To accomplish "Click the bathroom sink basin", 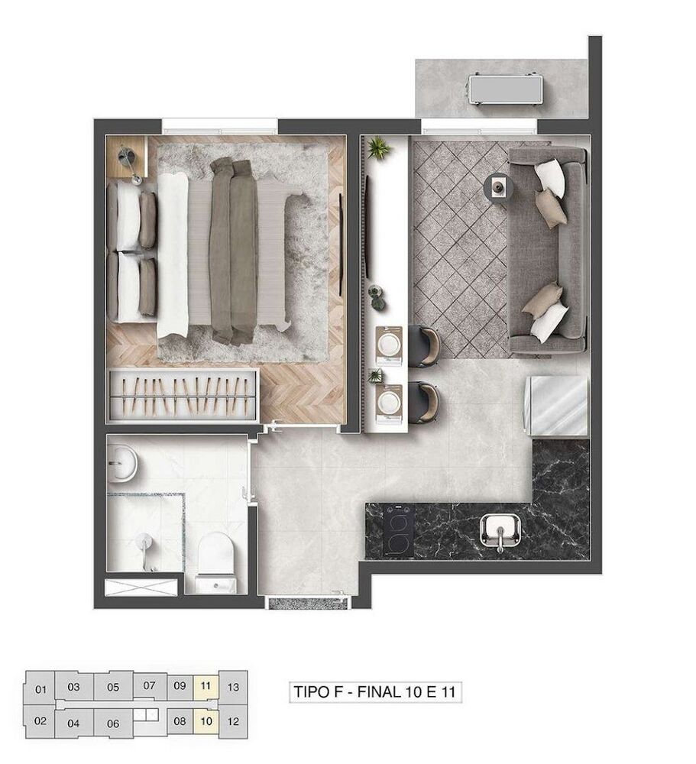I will (122, 463).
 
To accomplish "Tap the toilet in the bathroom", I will (215, 562).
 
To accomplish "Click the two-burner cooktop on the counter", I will (398, 529).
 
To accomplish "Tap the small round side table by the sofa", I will (500, 186).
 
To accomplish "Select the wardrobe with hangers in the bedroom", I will (183, 394).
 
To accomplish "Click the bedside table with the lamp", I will (126, 158).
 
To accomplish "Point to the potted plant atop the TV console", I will (378, 147).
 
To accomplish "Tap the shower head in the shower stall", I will (143, 543).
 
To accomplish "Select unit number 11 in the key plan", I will (205, 685).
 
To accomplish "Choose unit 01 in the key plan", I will (41, 689).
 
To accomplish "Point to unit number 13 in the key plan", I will (234, 687).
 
